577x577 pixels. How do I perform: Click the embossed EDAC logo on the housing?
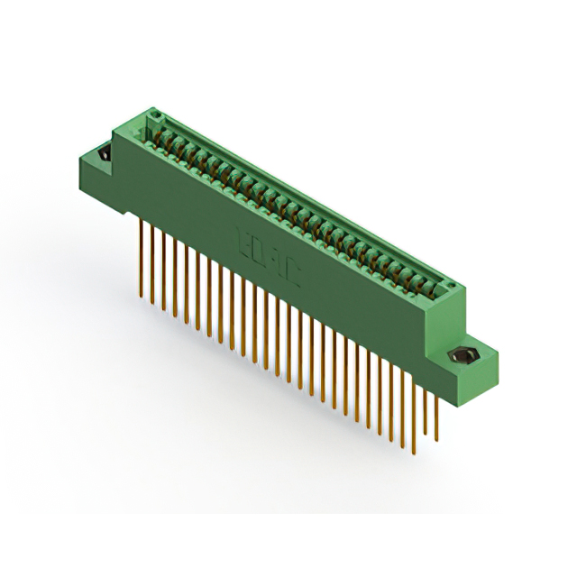(x=266, y=256)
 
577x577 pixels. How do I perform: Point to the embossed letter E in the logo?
(x=243, y=242)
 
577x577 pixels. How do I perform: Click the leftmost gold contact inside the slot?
(x=163, y=135)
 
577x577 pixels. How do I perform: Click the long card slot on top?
(x=298, y=203)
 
